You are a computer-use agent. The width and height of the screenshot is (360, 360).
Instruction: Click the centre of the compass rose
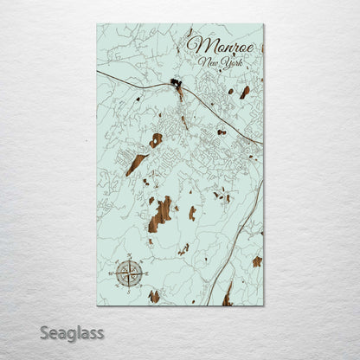point(129,273)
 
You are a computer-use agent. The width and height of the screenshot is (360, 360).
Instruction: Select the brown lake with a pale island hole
point(156,139)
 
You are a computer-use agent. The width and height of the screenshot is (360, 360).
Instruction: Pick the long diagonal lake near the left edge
point(136,164)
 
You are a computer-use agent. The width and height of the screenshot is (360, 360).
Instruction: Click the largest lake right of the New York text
point(244,92)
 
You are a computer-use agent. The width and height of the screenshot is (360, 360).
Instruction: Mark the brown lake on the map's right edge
point(257,260)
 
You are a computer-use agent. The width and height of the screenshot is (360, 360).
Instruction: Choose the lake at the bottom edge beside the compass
point(154,296)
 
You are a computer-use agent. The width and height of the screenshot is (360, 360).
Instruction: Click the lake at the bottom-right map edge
point(228,298)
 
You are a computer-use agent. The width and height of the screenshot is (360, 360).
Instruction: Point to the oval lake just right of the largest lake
point(192,212)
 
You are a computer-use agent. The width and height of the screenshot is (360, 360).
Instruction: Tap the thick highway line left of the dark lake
point(130,79)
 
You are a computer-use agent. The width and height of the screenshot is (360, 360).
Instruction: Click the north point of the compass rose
point(129,259)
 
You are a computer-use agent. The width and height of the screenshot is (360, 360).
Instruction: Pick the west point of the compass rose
point(116,273)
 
